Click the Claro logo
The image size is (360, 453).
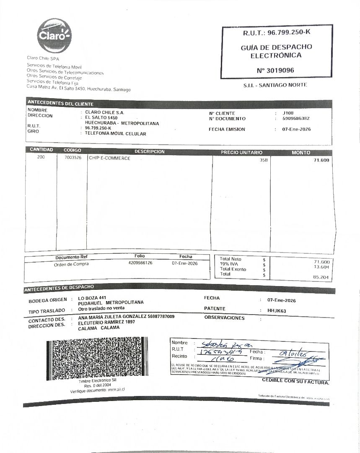click(x=54, y=36)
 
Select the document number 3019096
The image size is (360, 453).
click(x=275, y=70)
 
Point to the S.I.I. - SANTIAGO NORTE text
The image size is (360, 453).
click(x=275, y=85)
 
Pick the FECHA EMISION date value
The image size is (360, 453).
click(x=297, y=129)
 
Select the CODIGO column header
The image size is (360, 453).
click(x=72, y=150)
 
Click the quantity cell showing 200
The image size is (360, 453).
click(x=41, y=158)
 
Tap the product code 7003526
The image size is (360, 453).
click(x=73, y=158)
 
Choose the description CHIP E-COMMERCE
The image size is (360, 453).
click(x=109, y=158)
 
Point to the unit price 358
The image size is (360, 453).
click(x=263, y=160)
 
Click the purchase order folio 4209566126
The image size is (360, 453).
click(x=140, y=263)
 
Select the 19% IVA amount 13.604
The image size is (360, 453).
click(x=321, y=267)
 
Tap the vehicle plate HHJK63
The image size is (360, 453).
click(x=277, y=311)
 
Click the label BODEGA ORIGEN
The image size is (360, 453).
click(x=47, y=301)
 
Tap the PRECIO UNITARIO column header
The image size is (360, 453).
click(x=241, y=153)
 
